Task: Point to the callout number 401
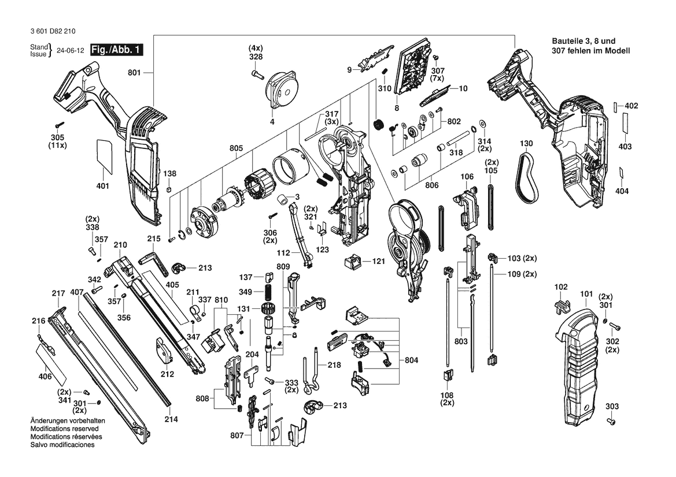coord(103,186)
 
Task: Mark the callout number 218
coord(334,365)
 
